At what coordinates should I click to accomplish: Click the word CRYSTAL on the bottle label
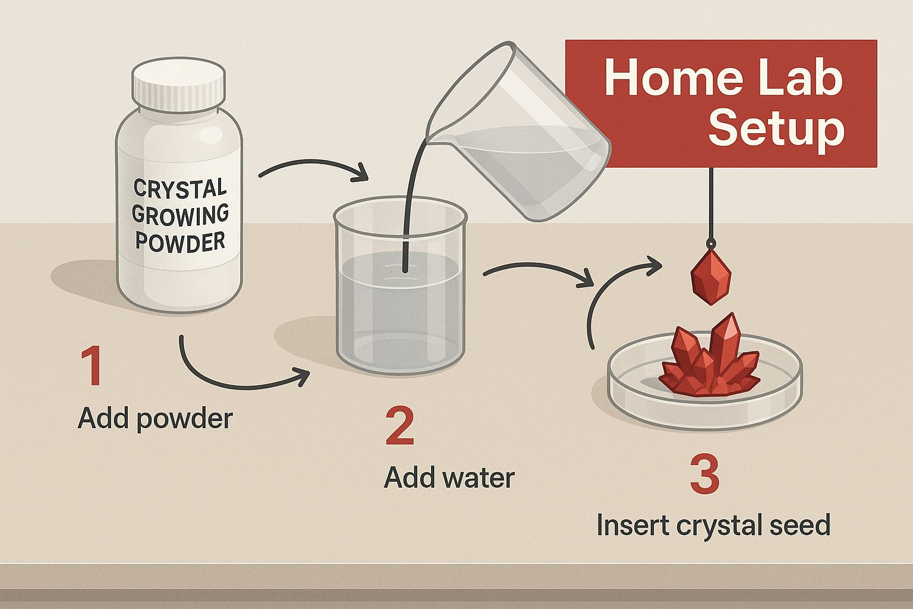point(180,189)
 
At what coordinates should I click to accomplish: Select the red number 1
point(91,367)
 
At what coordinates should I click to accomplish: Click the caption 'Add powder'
point(155,419)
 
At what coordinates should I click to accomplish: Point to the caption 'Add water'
point(449,478)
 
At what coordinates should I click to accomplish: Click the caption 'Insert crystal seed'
point(713,526)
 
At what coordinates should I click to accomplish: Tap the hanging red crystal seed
point(710,277)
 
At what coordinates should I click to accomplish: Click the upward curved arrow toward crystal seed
point(612,291)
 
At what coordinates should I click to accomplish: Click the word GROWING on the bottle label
point(181,215)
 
